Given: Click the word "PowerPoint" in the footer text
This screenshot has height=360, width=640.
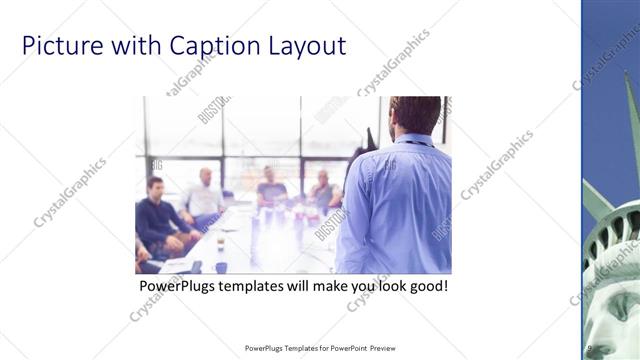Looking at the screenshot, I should click(344, 348).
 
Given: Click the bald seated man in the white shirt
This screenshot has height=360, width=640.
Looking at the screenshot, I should click(204, 194).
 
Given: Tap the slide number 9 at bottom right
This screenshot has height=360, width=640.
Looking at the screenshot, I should click(590, 348).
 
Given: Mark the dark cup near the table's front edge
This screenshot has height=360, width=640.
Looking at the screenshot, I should click(221, 267).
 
